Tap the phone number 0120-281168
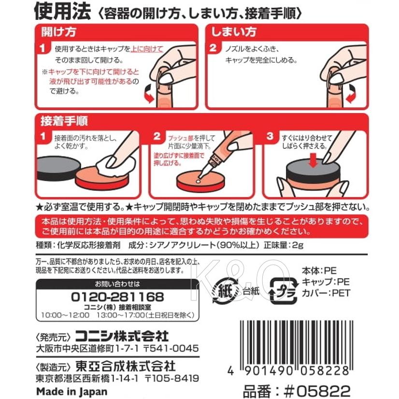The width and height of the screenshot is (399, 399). (x=117, y=296)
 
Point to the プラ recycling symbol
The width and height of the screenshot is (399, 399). (x=283, y=290)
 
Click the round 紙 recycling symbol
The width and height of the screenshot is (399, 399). (x=225, y=290)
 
